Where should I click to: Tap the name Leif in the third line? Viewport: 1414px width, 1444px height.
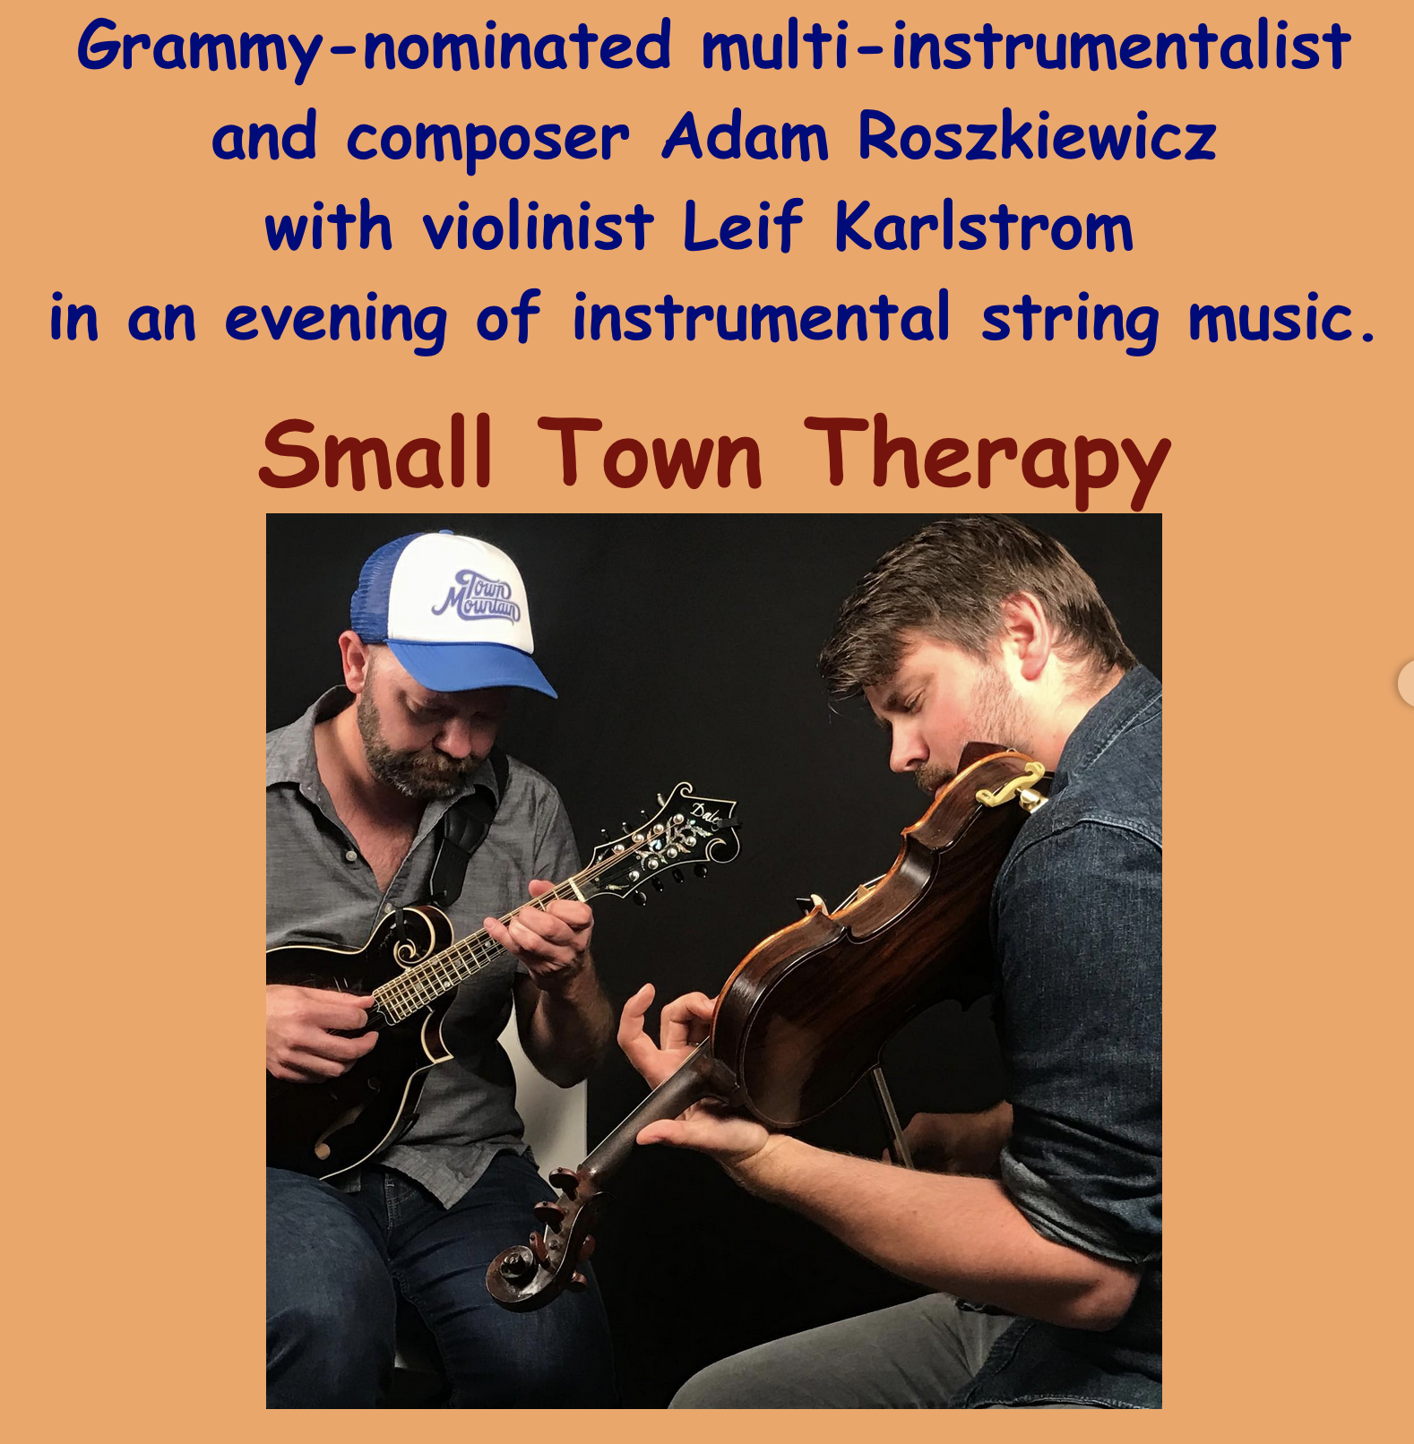(x=743, y=227)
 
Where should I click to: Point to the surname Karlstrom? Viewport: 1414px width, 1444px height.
(x=984, y=227)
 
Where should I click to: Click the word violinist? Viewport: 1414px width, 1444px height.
(x=538, y=227)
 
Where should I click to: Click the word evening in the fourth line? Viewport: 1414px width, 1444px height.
(x=335, y=321)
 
